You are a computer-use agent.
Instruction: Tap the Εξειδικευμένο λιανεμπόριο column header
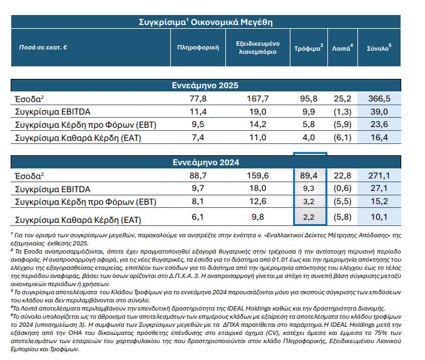tap(259, 48)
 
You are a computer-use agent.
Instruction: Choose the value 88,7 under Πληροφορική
tap(198, 177)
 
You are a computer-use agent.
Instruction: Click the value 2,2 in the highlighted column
tap(309, 217)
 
